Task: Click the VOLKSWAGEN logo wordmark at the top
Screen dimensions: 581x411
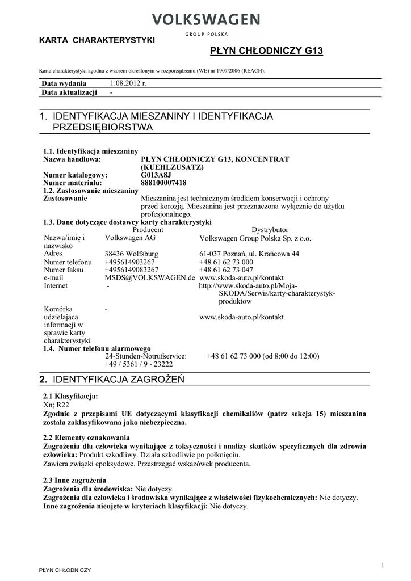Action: [x=205, y=20]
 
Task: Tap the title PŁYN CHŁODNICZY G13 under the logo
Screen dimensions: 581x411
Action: [x=266, y=51]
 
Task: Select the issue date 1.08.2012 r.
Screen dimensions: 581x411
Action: [x=128, y=83]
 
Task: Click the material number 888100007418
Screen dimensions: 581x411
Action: [x=163, y=183]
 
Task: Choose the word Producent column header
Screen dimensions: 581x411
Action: [x=148, y=230]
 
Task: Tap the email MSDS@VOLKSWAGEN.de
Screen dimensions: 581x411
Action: [x=150, y=278]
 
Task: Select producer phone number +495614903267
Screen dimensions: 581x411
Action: [x=129, y=262]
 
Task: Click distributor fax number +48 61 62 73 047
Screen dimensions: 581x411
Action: [x=226, y=270]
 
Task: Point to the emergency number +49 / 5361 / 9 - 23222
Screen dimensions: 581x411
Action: [x=139, y=364]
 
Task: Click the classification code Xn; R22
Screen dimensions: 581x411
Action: [x=56, y=405]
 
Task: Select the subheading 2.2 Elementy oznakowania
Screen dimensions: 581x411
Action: [x=86, y=438]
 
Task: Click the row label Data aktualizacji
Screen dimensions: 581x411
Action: [x=69, y=92]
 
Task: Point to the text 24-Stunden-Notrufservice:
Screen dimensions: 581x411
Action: [x=146, y=356]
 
